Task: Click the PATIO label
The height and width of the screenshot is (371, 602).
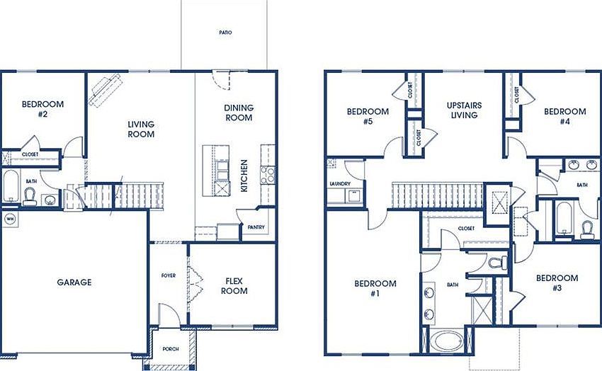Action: pyautogui.click(x=225, y=33)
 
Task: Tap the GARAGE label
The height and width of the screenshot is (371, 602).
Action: pyautogui.click(x=74, y=282)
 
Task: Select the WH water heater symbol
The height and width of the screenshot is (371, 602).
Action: pyautogui.click(x=10, y=219)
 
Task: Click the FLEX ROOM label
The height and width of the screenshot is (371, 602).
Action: pyautogui.click(x=234, y=285)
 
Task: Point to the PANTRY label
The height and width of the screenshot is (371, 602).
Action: pyautogui.click(x=255, y=227)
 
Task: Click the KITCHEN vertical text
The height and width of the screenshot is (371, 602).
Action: pyautogui.click(x=244, y=176)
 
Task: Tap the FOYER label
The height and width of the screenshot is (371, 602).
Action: pyautogui.click(x=169, y=276)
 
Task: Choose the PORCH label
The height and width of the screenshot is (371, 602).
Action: pyautogui.click(x=169, y=349)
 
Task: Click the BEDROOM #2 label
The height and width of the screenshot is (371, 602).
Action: pyautogui.click(x=42, y=109)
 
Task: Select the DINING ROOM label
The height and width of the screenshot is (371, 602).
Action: pyautogui.click(x=239, y=113)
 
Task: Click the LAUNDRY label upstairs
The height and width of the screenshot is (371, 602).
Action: pyautogui.click(x=341, y=183)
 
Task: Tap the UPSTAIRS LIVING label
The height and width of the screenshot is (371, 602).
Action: pyautogui.click(x=465, y=110)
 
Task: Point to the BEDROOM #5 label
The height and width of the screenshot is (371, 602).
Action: pyautogui.click(x=368, y=116)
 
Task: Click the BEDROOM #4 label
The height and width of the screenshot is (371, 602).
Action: pyautogui.click(x=564, y=116)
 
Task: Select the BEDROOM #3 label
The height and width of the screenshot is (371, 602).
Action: pyautogui.click(x=556, y=283)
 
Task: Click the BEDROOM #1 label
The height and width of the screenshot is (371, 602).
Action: pyautogui.click(x=375, y=289)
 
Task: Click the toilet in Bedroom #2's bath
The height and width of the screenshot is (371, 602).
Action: pyautogui.click(x=30, y=198)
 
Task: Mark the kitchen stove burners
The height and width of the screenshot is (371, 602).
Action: pyautogui.click(x=268, y=175)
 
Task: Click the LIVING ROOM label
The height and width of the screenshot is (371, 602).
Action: pyautogui.click(x=141, y=129)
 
